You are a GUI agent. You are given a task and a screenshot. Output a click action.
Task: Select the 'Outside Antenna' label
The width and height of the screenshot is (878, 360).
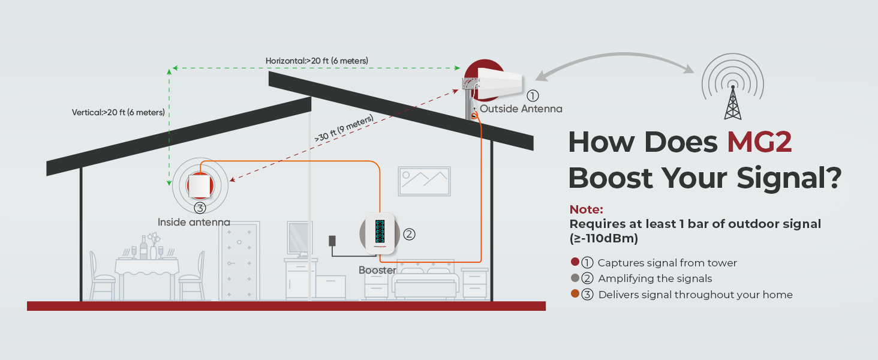[521, 109]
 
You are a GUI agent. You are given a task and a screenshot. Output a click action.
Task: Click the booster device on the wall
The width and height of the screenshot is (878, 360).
[380, 233]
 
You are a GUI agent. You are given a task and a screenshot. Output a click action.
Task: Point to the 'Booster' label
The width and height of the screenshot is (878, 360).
[377, 271]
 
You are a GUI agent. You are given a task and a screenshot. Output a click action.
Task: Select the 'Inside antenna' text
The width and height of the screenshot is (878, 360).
[194, 223]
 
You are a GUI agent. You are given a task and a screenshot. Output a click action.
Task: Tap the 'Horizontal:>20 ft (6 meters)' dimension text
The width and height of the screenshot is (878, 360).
[317, 61]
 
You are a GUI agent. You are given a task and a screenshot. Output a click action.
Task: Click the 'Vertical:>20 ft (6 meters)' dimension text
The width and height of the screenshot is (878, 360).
[118, 112]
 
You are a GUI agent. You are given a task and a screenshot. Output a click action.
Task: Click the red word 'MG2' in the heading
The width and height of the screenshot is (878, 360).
[759, 142]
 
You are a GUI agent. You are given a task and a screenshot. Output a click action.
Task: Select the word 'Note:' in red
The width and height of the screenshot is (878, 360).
[586, 209]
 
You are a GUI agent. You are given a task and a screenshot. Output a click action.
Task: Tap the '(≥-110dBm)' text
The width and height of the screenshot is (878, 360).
[603, 239]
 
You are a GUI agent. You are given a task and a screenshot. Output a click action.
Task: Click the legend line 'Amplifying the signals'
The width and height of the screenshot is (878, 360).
[655, 278]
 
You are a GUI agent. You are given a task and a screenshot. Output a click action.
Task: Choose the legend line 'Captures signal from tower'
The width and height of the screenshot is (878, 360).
[667, 263]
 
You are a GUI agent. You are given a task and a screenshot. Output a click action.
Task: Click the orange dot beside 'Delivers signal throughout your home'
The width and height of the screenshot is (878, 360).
[575, 294]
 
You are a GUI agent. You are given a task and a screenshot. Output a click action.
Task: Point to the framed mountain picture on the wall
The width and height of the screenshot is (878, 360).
[424, 181]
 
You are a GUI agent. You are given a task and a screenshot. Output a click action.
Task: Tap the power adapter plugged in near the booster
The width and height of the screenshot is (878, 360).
[332, 241]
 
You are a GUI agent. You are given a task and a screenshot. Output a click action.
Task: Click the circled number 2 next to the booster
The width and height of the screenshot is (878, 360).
[409, 234]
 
